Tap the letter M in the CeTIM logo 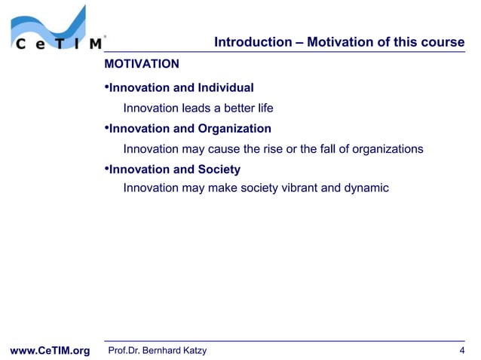click(x=96, y=44)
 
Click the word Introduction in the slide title click(x=250, y=42)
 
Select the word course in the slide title click(x=445, y=42)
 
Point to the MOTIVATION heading click(x=142, y=64)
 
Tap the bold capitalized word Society click(x=219, y=169)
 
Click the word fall click(x=329, y=148)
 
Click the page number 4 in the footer click(x=461, y=350)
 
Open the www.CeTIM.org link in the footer click(x=49, y=351)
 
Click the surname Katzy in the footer click(x=193, y=350)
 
